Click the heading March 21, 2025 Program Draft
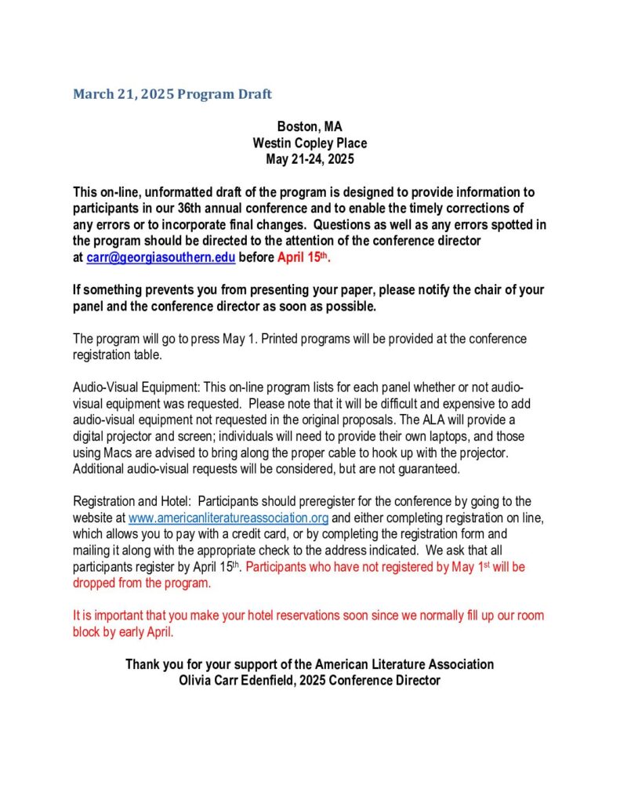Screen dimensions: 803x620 click(x=172, y=95)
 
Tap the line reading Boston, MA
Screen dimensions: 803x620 click(x=310, y=126)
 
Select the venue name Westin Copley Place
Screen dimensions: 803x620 click(x=310, y=143)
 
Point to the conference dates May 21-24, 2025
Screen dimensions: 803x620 click(x=310, y=159)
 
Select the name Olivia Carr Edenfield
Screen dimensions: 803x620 click(x=252, y=681)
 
